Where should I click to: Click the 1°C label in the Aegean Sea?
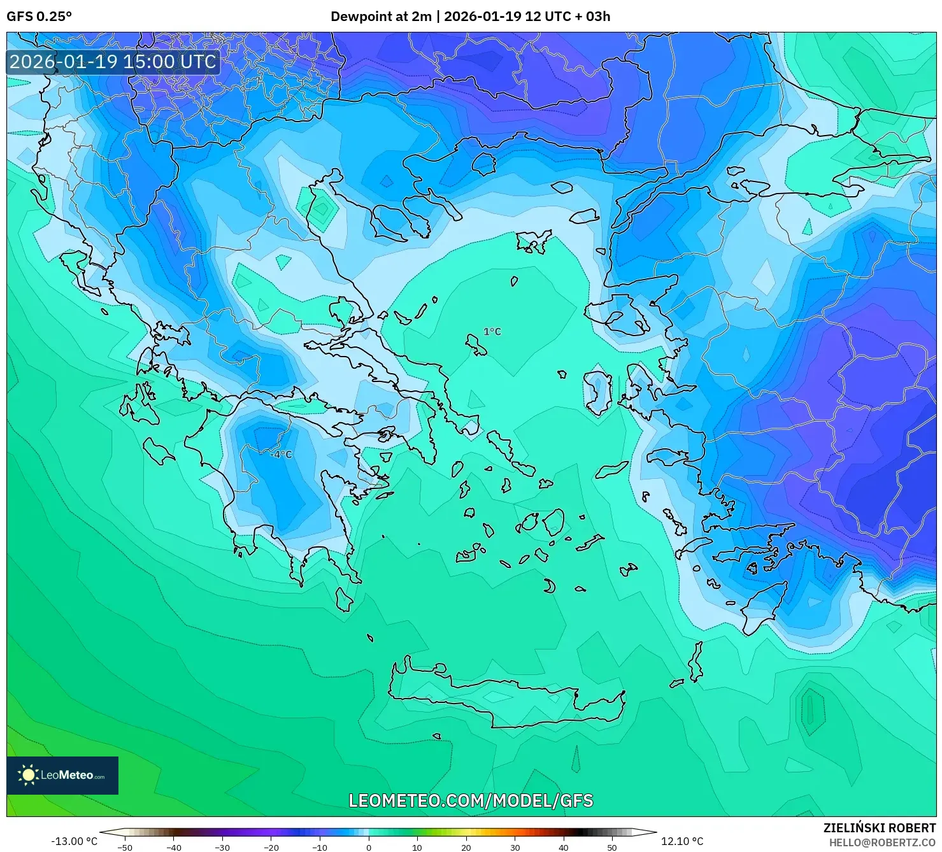point(492,332)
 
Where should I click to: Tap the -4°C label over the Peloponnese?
point(280,455)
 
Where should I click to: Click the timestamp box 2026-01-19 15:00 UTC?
point(113,62)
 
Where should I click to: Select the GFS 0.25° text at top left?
point(39,17)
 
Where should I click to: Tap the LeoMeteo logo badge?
point(62,775)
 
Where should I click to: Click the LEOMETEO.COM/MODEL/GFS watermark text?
point(471,800)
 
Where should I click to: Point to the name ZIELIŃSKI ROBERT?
point(879,828)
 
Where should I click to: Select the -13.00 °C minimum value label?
point(74,841)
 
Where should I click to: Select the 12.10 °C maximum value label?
point(682,841)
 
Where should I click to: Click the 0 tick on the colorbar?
point(369,848)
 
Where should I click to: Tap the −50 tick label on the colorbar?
point(125,848)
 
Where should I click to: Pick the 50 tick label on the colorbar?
point(612,848)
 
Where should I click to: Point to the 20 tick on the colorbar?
point(466,848)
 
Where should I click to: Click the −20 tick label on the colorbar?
point(271,848)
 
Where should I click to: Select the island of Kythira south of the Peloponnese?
point(344,599)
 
